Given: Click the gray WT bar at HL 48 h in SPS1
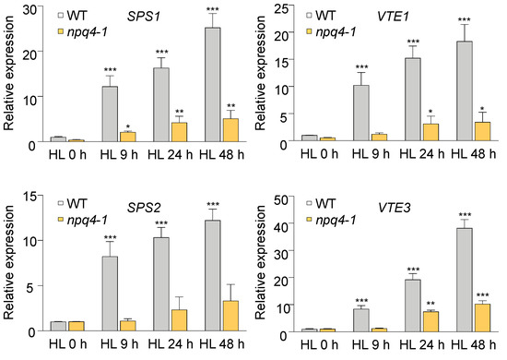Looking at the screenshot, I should tap(213, 84).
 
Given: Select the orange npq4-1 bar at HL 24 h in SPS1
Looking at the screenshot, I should tap(179, 132).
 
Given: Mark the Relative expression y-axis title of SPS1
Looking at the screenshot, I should tap(8, 74).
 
